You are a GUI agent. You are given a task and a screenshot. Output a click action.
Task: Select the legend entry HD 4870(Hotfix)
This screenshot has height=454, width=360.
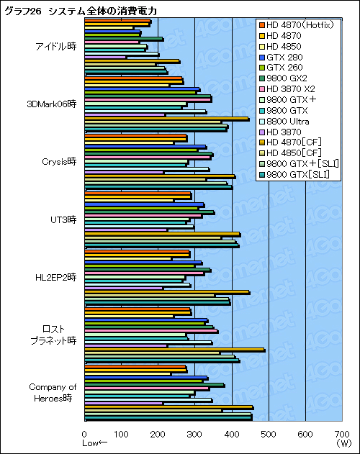coord(297,25)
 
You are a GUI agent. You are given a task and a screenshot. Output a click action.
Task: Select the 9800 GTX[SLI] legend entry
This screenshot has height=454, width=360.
coord(298,174)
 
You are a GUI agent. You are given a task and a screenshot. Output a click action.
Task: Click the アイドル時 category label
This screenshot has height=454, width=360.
coord(55,47)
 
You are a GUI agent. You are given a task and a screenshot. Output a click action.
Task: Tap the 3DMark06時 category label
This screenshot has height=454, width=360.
coord(51,104)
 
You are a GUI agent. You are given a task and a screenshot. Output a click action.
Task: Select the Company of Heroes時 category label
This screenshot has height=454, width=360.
coord(52,392)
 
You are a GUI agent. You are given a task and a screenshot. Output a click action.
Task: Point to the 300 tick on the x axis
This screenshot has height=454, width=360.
coord(195,434)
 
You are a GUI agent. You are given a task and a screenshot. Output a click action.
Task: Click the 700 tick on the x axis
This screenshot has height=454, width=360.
coord(341,434)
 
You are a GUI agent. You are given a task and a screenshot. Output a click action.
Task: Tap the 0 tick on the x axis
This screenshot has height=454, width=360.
coord(85,434)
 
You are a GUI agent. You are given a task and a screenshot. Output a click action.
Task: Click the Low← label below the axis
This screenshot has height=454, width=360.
coord(94,444)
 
